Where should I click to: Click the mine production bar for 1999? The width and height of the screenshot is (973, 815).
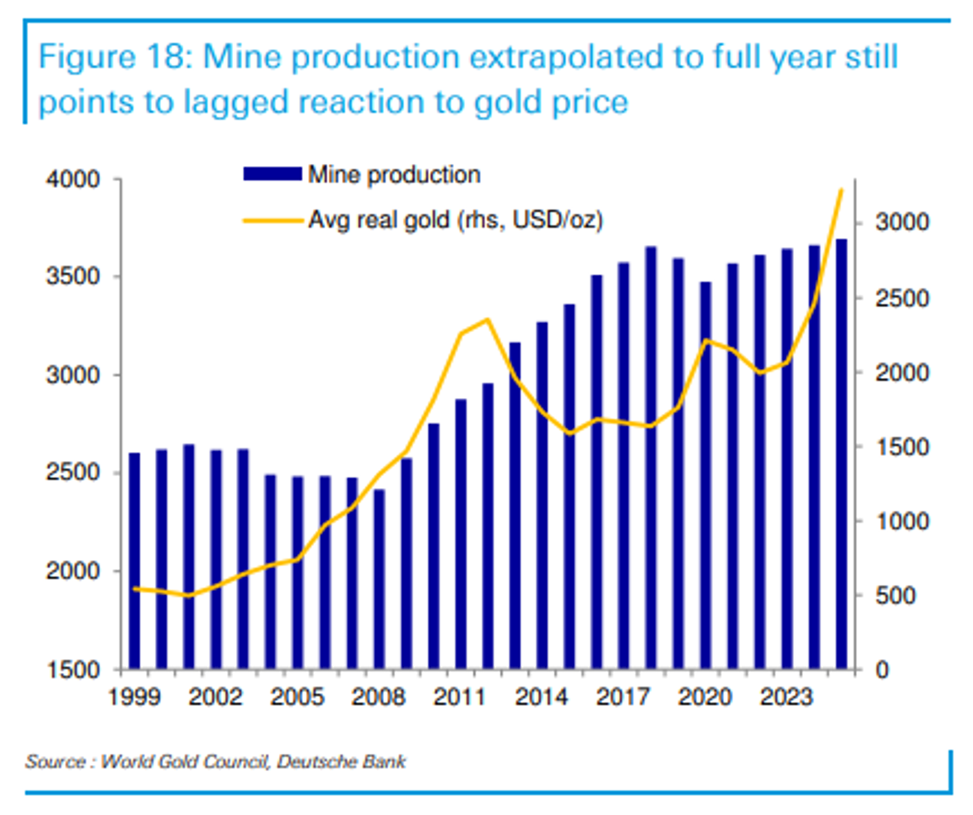134,561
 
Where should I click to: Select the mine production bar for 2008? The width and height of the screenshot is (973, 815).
379,578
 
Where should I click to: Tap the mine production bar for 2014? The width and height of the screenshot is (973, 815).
542,495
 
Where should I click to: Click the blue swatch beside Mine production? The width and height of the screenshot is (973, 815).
272,174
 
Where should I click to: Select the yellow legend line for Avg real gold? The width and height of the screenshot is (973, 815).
272,220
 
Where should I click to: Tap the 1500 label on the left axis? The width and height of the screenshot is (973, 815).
73,670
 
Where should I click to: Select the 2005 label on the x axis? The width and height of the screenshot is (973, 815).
297,698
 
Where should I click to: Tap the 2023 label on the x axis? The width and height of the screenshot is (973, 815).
786,698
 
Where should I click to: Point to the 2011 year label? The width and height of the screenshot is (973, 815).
460,698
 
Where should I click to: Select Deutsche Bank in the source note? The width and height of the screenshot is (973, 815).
341,761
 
